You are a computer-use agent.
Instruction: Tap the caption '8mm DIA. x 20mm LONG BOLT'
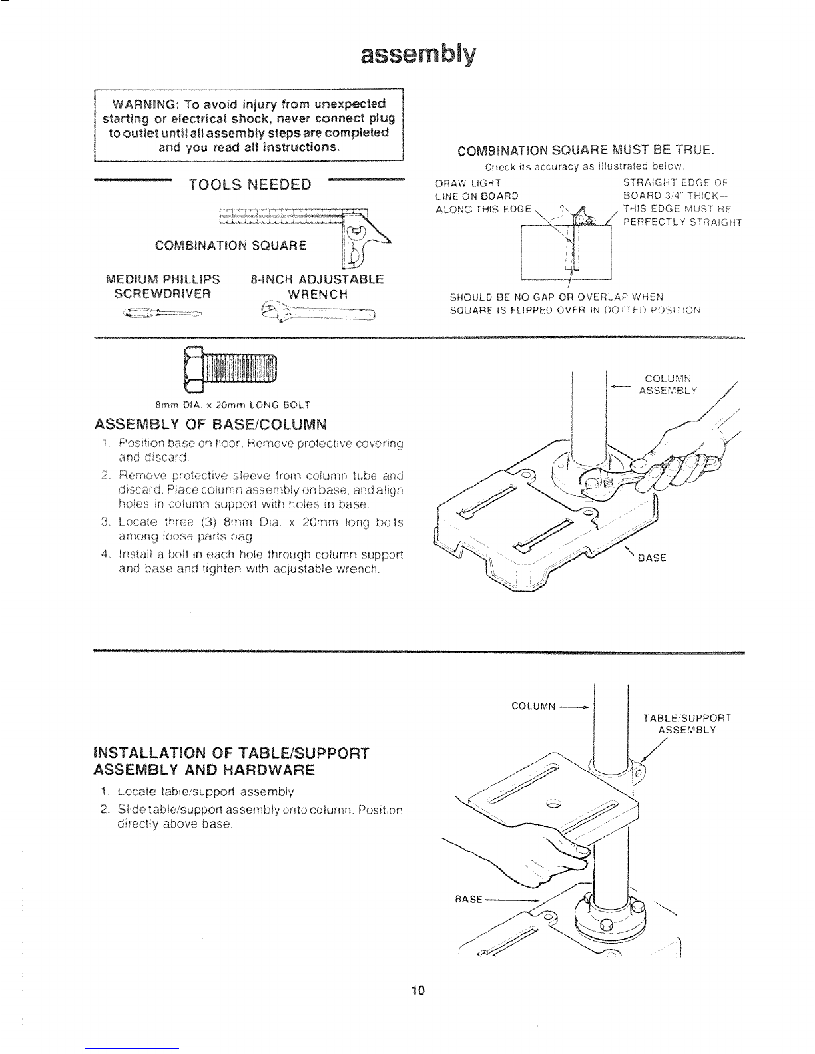coord(232,404)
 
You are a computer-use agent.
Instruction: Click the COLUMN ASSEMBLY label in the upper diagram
coord(667,385)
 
